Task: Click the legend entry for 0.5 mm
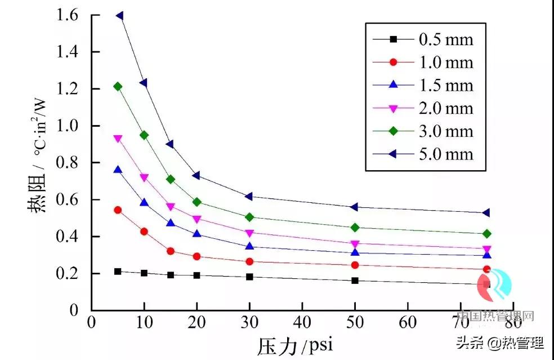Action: pyautogui.click(x=445, y=39)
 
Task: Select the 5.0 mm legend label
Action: pyautogui.click(x=445, y=154)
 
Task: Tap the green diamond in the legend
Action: pyautogui.click(x=394, y=131)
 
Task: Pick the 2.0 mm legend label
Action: pyautogui.click(x=445, y=108)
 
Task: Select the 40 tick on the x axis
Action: pyautogui.click(x=302, y=322)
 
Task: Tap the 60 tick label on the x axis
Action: pyautogui.click(x=408, y=322)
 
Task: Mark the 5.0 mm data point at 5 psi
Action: pyautogui.click(x=119, y=16)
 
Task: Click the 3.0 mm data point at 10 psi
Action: pyautogui.click(x=144, y=135)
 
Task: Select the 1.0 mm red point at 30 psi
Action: pyautogui.click(x=249, y=261)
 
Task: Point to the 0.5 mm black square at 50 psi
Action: pyautogui.click(x=355, y=280)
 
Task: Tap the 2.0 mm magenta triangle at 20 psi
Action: pyautogui.click(x=197, y=219)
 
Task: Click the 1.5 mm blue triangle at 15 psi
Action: pyautogui.click(x=171, y=223)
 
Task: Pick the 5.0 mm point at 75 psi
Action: pyautogui.click(x=486, y=213)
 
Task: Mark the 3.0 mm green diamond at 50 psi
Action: pyautogui.click(x=355, y=228)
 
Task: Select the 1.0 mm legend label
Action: pyautogui.click(x=445, y=63)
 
